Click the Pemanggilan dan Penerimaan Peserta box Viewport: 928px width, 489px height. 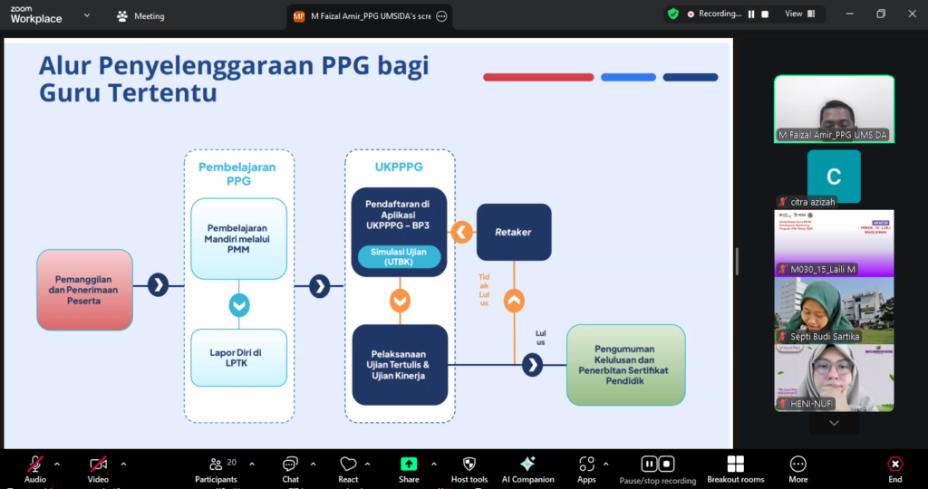84,290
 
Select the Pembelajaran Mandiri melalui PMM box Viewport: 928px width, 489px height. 239,238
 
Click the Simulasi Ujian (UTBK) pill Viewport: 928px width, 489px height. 399,257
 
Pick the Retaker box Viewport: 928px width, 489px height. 513,232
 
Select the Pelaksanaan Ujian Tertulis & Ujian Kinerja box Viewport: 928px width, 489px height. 399,364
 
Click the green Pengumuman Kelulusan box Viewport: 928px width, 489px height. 625,364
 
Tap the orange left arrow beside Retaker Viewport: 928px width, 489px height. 462,233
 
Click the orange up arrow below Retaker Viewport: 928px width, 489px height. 513,300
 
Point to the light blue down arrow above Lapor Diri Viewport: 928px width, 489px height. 239,305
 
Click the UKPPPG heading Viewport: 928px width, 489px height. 399,168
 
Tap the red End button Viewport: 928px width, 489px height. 894,468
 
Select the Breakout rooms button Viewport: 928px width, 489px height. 735,468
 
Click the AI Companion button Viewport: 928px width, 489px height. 527,468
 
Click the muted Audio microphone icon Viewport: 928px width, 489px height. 35,465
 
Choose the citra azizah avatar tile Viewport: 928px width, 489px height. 834,177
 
